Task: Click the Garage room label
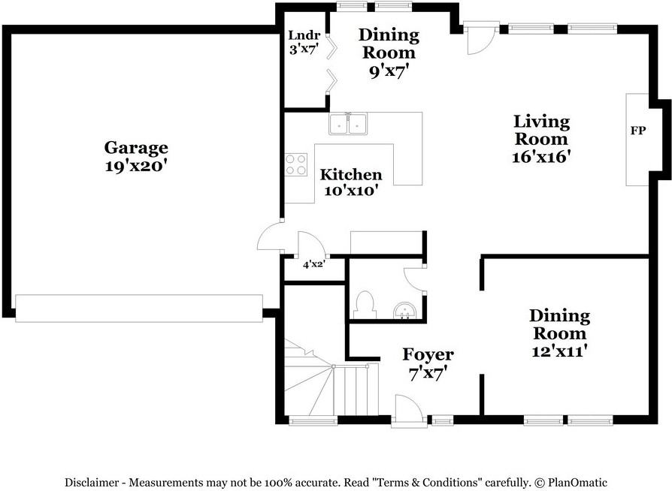pos(136,148)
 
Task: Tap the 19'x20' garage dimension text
pos(135,166)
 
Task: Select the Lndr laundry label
pos(304,35)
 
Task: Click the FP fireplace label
pos(637,131)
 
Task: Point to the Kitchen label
pos(351,175)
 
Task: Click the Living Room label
pos(542,130)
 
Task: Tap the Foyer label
pos(428,354)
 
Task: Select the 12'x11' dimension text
pos(558,351)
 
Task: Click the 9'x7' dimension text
pos(389,71)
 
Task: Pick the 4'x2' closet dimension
pos(313,264)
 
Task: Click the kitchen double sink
pos(348,124)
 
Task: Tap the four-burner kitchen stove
pos(296,165)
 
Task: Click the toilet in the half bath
pos(365,305)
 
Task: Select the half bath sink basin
pos(404,311)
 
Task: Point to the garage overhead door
pos(139,309)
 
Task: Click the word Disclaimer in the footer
pos(91,483)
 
